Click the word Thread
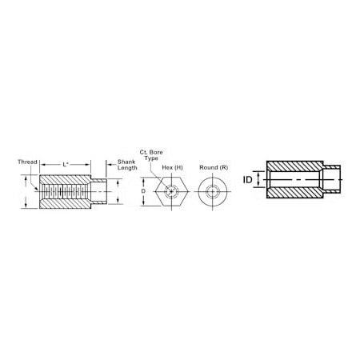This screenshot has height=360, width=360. click(x=28, y=161)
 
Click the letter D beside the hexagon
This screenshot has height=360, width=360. click(x=143, y=192)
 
